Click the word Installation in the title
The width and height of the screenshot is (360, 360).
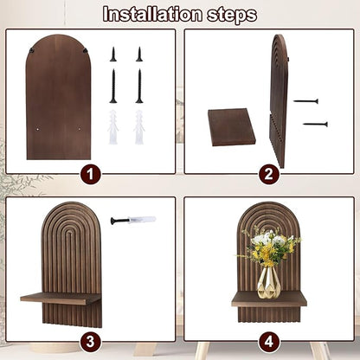[x=152, y=14]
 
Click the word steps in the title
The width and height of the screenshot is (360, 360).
[x=232, y=16]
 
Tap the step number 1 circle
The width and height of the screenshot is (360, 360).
[x=90, y=175]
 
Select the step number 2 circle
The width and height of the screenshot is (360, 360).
[x=269, y=175]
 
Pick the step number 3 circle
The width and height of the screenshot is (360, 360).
[x=90, y=342]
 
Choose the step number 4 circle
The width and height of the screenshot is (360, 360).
[x=269, y=342]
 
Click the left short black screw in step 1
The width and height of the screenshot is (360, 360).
[x=113, y=55]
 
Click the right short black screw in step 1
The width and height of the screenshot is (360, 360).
[x=139, y=55]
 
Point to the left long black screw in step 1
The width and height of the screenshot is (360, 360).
[x=113, y=86]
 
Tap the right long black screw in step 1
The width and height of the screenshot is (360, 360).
[x=139, y=86]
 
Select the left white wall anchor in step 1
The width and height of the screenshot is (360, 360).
[x=113, y=127]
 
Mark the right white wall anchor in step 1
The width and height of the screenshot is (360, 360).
[x=139, y=127]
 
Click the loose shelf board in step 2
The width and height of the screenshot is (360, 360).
[x=232, y=127]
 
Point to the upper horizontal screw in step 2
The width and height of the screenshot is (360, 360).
[x=306, y=101]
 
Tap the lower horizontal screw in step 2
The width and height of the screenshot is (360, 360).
[x=315, y=125]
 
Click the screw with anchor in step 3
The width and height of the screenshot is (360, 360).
[x=133, y=221]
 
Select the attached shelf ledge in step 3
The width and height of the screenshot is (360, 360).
[x=61, y=299]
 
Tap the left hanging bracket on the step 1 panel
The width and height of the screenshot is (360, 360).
[x=31, y=51]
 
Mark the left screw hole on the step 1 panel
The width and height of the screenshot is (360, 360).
[x=38, y=129]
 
